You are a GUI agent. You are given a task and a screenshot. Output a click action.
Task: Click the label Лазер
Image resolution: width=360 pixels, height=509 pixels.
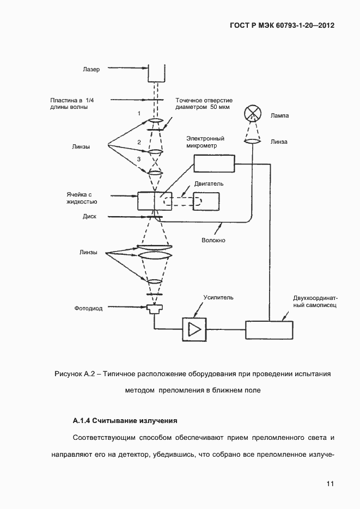(92, 69)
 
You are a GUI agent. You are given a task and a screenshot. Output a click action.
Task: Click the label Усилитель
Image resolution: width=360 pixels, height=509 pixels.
(218, 298)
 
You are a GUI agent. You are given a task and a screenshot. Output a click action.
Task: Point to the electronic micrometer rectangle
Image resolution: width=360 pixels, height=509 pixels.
(214, 163)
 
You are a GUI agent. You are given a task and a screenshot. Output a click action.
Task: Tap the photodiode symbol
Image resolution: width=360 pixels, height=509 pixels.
(154, 309)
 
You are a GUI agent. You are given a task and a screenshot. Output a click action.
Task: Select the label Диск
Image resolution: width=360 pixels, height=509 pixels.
(90, 216)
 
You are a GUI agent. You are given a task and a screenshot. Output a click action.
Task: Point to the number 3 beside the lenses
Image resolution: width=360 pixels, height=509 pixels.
(139, 159)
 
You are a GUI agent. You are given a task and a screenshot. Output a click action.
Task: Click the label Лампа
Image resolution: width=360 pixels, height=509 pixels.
(279, 116)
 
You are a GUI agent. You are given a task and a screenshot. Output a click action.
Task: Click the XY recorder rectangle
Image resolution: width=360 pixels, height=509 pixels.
(269, 330)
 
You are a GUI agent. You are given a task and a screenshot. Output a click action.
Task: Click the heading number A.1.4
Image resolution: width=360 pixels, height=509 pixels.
(81, 421)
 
